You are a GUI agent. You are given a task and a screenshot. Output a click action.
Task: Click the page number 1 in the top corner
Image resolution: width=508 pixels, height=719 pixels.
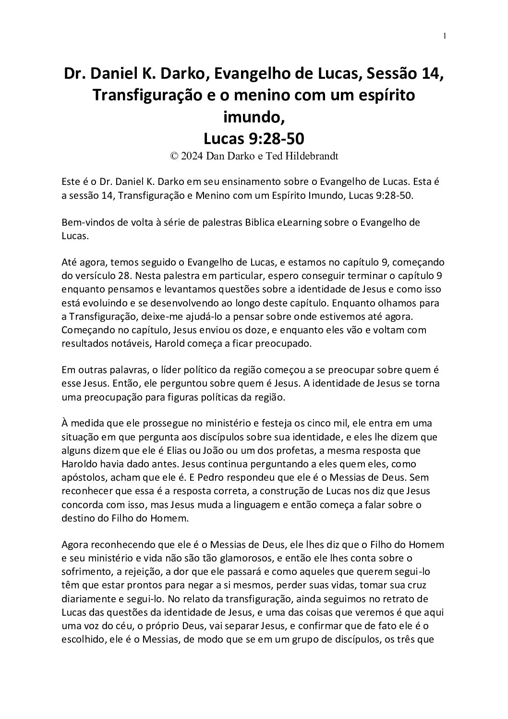tap(445, 36)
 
